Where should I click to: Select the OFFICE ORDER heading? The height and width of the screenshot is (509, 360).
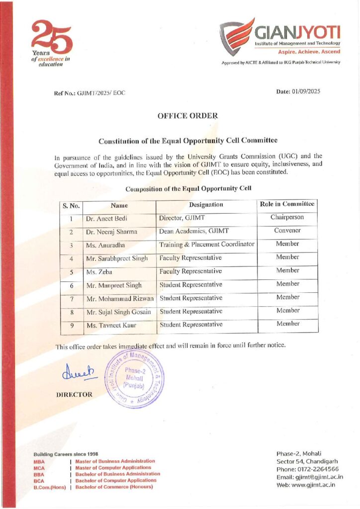(x=187, y=116)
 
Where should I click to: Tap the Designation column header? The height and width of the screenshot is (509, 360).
(x=206, y=205)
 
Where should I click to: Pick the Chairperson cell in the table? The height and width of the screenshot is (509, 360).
(x=287, y=217)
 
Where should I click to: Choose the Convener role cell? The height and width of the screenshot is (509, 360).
(x=287, y=231)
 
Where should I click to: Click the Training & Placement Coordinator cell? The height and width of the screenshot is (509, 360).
(x=206, y=245)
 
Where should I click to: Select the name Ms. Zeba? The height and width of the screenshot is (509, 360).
(x=98, y=272)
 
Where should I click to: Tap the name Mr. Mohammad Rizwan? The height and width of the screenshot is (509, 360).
(x=119, y=299)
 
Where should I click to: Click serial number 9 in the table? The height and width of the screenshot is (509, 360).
(x=72, y=325)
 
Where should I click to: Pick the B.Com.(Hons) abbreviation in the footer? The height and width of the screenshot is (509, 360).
(x=49, y=487)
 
